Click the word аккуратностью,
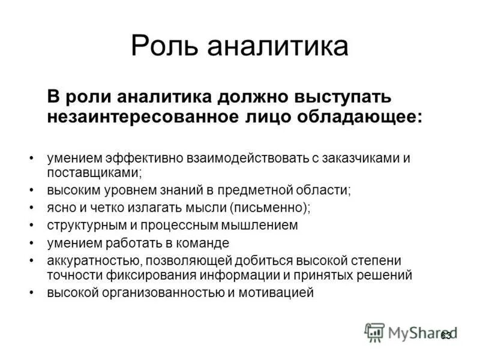pyautogui.click(x=94, y=261)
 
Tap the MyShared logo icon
pyautogui.click(x=374, y=332)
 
